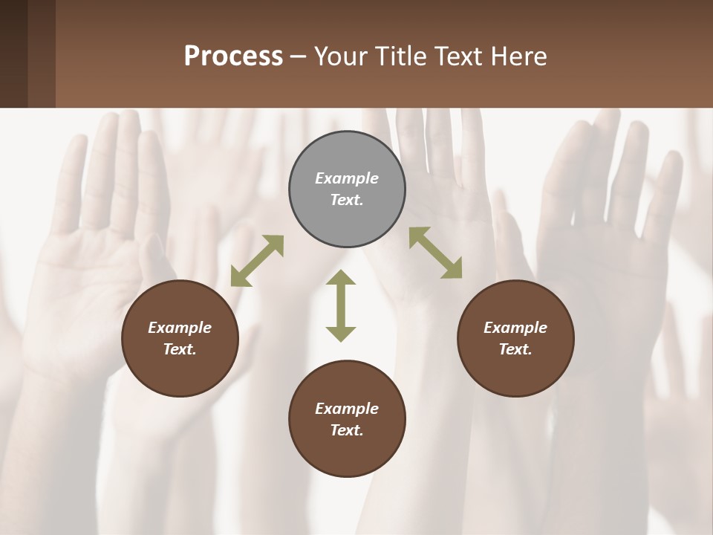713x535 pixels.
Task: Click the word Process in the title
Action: click(x=233, y=56)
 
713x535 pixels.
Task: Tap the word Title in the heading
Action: click(x=403, y=56)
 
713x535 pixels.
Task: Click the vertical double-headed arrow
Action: click(x=341, y=306)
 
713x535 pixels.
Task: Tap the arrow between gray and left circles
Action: click(x=257, y=261)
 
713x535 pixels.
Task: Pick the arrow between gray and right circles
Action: click(x=435, y=253)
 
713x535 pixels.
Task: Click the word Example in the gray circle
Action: click(x=347, y=178)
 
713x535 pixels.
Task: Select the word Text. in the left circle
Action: click(x=180, y=349)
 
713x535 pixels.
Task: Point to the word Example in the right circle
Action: click(x=515, y=328)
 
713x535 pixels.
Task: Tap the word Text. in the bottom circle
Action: click(x=347, y=430)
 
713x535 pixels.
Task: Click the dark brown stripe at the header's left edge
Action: click(x=13, y=53)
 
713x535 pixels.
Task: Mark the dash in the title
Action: click(x=299, y=57)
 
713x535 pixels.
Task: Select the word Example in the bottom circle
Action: click(x=347, y=409)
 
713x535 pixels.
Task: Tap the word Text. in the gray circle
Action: click(x=347, y=200)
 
